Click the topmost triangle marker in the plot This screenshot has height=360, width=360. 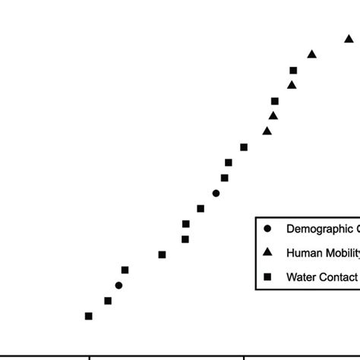[x=349, y=38]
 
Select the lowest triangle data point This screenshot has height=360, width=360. [x=267, y=131]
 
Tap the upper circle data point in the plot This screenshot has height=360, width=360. [x=216, y=193]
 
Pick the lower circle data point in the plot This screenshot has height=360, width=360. [x=118, y=286]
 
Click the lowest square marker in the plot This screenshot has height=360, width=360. [x=89, y=316]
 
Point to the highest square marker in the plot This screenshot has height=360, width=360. [x=293, y=71]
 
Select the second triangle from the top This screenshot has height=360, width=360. [x=311, y=54]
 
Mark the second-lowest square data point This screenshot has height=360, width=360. [x=108, y=301]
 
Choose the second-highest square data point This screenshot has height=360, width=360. [x=275, y=101]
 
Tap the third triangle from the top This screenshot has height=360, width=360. [x=292, y=85]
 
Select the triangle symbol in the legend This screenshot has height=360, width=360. [x=267, y=252]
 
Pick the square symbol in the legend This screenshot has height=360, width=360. [x=267, y=276]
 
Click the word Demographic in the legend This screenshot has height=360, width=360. [x=320, y=229]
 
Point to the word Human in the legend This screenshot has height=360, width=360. [x=302, y=253]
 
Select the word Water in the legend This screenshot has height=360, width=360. [x=301, y=276]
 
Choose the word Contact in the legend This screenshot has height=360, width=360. [x=339, y=276]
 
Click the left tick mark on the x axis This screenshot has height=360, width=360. [x=90, y=357]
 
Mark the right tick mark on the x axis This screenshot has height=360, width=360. [x=244, y=357]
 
